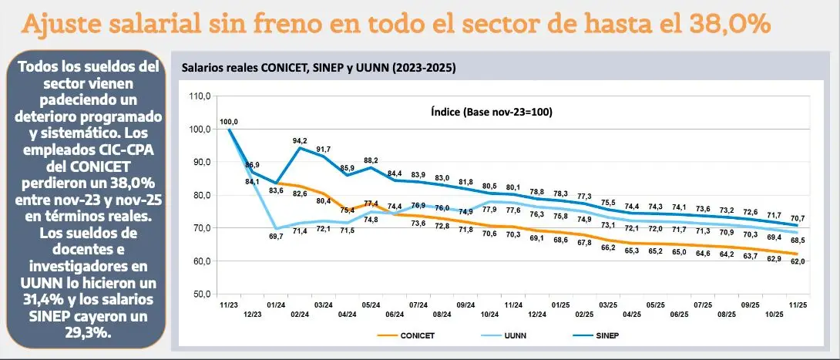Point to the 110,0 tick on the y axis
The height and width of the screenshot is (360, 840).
200,96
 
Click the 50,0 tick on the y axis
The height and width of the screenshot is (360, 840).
201,294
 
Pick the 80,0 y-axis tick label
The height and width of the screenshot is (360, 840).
201,195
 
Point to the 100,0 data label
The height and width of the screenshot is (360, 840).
229,122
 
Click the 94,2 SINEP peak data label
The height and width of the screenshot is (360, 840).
300,140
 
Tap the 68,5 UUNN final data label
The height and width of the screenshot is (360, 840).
798,241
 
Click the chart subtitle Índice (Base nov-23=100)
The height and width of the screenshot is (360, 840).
492,112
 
